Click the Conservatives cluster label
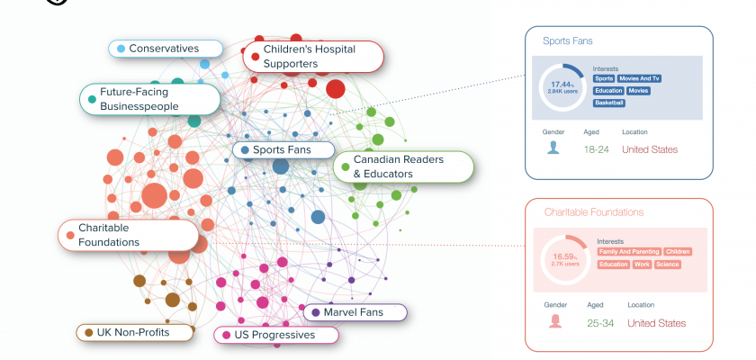coord(166,48)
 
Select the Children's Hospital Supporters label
coord(314,56)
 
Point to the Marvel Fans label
coord(355,312)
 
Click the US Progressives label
coord(276,335)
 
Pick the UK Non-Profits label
coord(136,332)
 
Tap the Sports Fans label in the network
coord(283,150)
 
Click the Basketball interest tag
coord(608,103)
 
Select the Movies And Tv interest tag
coord(640,79)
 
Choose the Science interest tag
coord(668,265)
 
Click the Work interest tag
coord(642,265)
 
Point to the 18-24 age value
coord(597,149)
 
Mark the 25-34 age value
coord(599,323)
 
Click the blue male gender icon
coord(553,148)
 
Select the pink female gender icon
coord(554,321)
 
